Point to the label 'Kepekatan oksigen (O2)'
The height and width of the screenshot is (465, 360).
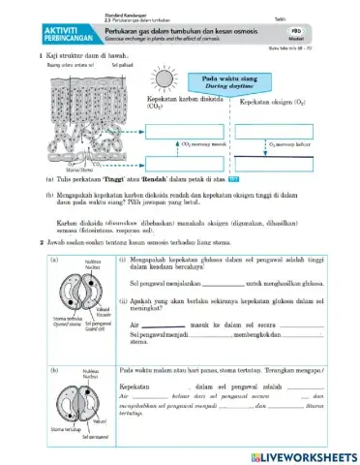(x=273, y=100)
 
